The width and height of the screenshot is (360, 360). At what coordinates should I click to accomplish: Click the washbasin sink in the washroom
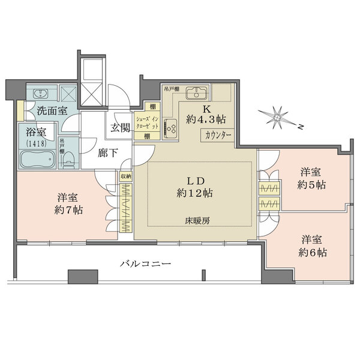pyautogui.click(x=41, y=94)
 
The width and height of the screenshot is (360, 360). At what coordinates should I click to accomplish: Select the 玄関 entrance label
pyautogui.click(x=120, y=128)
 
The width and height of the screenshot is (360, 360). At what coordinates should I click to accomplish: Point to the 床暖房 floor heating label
pyautogui.click(x=196, y=221)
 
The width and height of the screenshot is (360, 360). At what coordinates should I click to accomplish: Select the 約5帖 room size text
pyautogui.click(x=313, y=185)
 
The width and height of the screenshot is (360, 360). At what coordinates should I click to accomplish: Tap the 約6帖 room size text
pyautogui.click(x=313, y=253)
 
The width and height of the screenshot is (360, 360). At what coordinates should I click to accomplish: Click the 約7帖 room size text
pyautogui.click(x=70, y=210)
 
